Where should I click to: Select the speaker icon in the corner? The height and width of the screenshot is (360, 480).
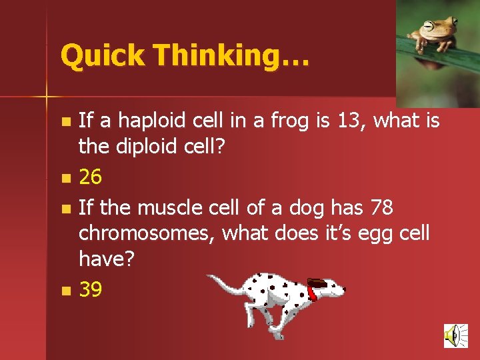[455, 335]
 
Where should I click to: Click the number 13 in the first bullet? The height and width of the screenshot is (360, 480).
[353, 121]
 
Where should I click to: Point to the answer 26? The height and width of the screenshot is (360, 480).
[91, 177]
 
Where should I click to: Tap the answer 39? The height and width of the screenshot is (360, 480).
[91, 289]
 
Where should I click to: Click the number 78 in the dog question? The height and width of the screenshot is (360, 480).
[381, 209]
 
